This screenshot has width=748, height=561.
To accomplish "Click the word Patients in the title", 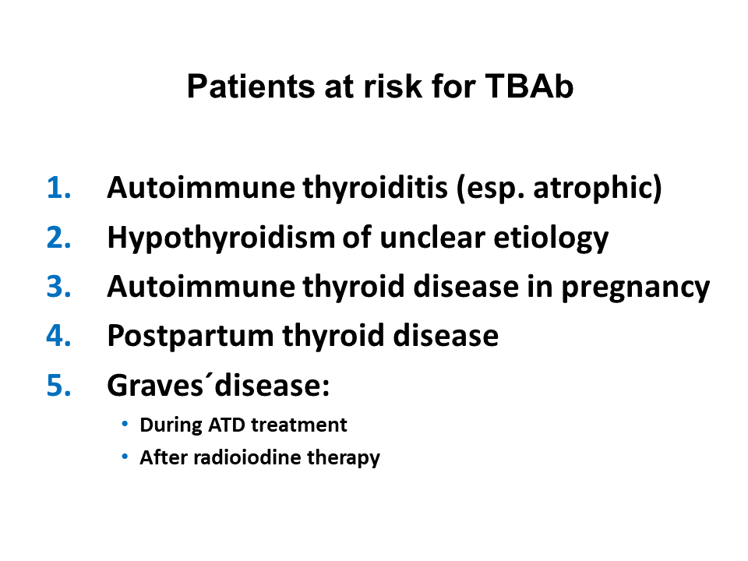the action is [251, 86].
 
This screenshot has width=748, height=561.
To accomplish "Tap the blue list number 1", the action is [58, 188].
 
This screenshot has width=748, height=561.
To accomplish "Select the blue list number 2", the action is [58, 237].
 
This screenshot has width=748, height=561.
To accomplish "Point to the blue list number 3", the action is [58, 287].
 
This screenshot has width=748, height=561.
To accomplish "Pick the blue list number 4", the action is [58, 336].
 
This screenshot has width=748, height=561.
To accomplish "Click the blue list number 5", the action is [58, 386].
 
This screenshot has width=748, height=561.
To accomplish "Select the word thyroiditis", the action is [376, 189].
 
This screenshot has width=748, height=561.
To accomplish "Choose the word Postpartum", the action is [190, 337].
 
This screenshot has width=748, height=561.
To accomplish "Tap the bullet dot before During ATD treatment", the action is [125, 424].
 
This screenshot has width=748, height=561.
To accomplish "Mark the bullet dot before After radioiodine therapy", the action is [125, 457].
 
